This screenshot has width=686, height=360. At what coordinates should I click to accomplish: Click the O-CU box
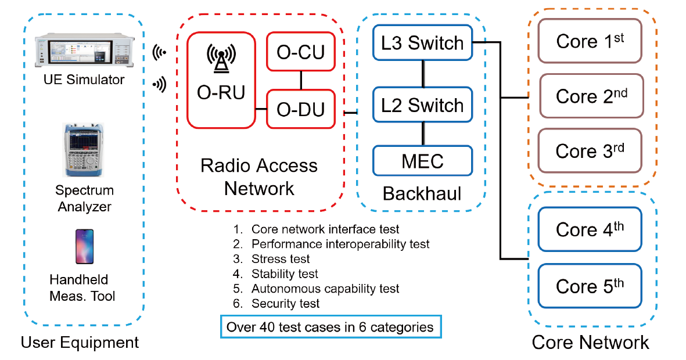pos(300,52)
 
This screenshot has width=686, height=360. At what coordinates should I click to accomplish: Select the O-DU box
pos(300,109)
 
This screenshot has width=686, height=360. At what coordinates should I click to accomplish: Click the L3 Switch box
pos(422,42)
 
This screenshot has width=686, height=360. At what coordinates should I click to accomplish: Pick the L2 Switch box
pos(422,105)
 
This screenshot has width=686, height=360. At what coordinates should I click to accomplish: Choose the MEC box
pos(422,161)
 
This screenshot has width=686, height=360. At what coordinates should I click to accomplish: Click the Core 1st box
pos(590,41)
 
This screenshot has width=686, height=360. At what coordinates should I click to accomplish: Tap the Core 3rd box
pos(590,150)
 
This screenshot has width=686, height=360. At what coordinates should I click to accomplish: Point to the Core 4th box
pos(590,229)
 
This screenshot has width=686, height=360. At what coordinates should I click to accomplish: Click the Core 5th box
pos(590,286)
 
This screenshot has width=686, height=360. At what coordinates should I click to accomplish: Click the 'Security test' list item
pos(285,303)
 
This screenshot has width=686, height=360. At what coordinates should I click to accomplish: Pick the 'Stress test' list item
pos(281,258)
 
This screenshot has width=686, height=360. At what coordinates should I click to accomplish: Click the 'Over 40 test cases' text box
pos(331,327)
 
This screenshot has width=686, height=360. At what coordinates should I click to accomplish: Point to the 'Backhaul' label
pos(422,193)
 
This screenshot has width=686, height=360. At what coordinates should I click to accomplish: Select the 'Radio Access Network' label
pos(259,177)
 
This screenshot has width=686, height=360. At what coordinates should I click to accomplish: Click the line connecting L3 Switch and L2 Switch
pos(423,74)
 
